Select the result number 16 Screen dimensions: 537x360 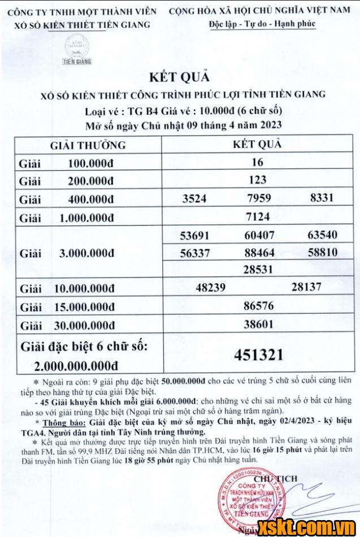258,162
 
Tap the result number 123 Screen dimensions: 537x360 258,180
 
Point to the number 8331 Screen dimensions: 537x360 322,198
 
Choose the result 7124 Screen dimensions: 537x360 258,216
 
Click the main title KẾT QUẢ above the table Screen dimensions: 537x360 180,77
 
